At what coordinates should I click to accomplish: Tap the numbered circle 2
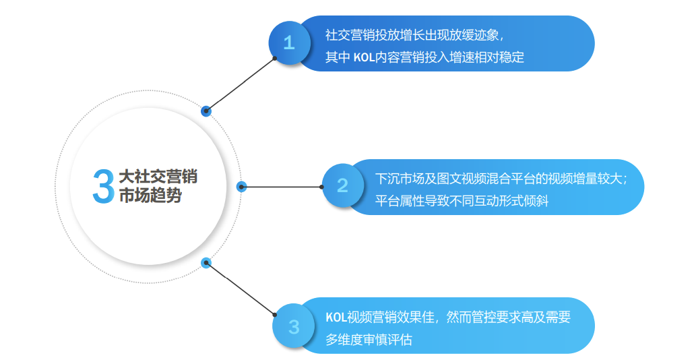point(343,185)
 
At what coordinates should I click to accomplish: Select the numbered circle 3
point(294,327)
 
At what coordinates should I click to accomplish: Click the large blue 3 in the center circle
point(103,186)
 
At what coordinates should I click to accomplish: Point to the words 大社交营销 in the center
point(158,177)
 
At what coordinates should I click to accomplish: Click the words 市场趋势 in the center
point(150,197)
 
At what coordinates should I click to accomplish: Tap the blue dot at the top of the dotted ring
point(206,111)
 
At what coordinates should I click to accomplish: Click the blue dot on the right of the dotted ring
point(242,187)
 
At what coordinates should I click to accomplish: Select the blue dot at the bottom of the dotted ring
point(206,262)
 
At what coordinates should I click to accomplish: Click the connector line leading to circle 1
point(241,85)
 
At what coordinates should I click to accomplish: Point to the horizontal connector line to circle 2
point(283,187)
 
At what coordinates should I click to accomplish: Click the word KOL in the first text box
point(364,57)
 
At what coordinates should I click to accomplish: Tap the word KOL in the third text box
point(336,317)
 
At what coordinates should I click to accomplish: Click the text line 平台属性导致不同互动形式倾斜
point(462,201)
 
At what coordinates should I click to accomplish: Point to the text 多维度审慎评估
point(369,339)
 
